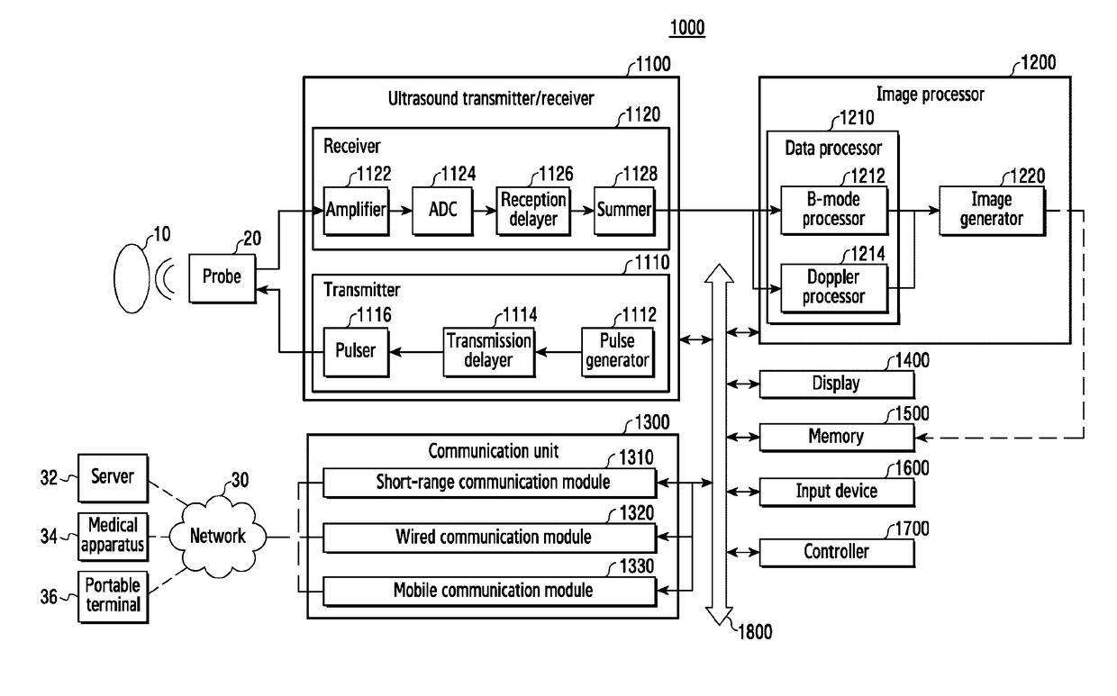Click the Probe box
[222, 276]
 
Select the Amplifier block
[355, 211]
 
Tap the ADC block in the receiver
[441, 211]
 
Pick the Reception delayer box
[534, 211]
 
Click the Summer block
[624, 211]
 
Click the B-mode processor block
[834, 211]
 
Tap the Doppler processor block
[834, 286]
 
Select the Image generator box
[994, 211]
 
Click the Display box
[837, 384]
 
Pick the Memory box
[837, 437]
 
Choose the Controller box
[837, 551]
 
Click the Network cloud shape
[217, 537]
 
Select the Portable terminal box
[113, 595]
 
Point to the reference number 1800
[754, 632]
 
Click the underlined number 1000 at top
[686, 29]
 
